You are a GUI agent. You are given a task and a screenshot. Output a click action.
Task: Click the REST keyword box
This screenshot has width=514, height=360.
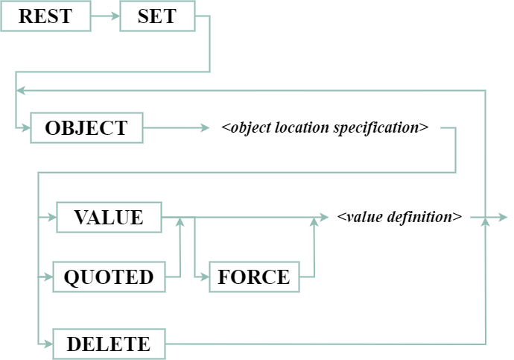45,16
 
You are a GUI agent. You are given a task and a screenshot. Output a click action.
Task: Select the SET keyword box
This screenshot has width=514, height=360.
157,16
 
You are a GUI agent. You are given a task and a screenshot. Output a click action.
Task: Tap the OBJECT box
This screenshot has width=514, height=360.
86,127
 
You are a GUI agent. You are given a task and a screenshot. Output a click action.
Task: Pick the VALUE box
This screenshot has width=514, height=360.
109,217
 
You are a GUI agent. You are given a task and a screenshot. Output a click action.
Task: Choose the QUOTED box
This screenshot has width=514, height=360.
109,277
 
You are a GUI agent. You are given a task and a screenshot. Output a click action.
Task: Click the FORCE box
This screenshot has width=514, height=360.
254,277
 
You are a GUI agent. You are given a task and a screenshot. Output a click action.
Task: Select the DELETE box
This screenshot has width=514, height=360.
109,344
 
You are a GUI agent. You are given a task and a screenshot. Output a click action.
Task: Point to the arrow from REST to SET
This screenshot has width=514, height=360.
105,16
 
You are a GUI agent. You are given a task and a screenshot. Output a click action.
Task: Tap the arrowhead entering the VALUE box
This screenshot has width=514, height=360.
51,218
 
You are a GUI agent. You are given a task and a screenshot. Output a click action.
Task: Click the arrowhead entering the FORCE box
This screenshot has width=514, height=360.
204,277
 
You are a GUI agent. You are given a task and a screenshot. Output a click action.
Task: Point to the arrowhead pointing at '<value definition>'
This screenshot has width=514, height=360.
323,218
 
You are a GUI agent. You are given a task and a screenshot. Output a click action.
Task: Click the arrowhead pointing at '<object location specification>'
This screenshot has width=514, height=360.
206,127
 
